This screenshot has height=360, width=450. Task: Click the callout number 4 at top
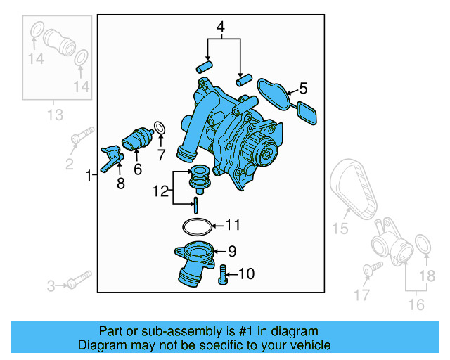[x=221, y=28]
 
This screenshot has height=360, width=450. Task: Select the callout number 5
[x=303, y=89]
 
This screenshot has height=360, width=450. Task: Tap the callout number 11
[x=233, y=226]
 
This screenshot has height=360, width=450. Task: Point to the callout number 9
[x=232, y=251]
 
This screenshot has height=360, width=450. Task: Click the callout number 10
[x=246, y=274]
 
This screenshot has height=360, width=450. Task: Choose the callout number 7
[x=160, y=153]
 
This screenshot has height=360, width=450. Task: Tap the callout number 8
[x=120, y=184]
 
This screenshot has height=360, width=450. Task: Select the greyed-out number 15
[x=340, y=228]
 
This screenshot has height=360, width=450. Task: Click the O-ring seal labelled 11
[x=195, y=226]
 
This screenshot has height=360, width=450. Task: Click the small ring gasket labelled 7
[x=160, y=128]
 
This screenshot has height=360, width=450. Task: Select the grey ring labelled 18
[x=423, y=245]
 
